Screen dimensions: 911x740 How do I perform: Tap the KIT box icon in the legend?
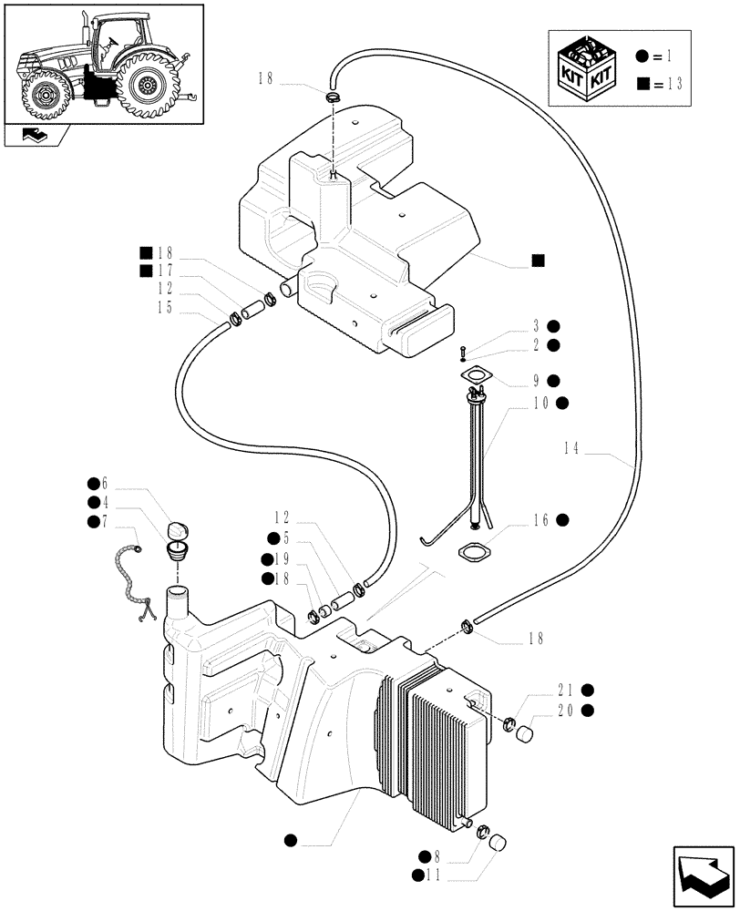[591, 67]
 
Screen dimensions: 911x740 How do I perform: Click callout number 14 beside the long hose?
[571, 447]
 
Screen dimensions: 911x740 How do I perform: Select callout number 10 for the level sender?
[539, 403]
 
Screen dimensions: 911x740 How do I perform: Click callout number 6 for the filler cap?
[104, 483]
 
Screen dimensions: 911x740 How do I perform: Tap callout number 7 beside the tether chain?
[104, 520]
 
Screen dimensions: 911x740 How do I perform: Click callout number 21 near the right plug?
[567, 690]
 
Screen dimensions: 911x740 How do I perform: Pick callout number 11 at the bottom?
[437, 875]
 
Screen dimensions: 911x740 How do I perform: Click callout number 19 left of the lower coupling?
[283, 559]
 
